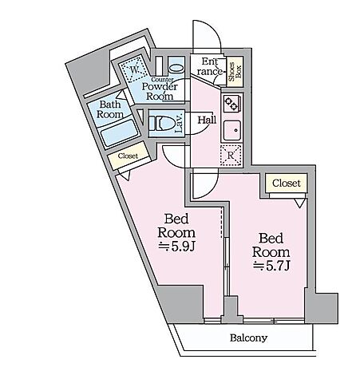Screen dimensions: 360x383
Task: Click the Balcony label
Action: click(248, 338)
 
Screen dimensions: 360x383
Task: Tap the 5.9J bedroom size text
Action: click(177, 247)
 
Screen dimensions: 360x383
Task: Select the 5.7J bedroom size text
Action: click(271, 266)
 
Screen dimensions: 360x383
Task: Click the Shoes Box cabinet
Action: click(235, 72)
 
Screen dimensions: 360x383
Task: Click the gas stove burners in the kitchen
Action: click(231, 104)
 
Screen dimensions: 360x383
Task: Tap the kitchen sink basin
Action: click(232, 130)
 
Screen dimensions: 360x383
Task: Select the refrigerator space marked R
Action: click(231, 156)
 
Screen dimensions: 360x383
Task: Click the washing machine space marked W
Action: click(134, 69)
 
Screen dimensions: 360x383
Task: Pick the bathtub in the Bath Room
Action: click(121, 133)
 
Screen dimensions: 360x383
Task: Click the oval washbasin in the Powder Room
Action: click(176, 68)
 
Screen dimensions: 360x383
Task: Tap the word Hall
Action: click(207, 120)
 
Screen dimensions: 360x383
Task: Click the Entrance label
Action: click(209, 66)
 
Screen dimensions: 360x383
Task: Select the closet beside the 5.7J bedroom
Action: click(287, 183)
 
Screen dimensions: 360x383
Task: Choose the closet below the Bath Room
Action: click(129, 156)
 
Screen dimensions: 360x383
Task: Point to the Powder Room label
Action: click(160, 91)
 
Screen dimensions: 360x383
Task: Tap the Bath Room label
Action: click(110, 109)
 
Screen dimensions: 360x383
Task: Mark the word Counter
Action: click(162, 80)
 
